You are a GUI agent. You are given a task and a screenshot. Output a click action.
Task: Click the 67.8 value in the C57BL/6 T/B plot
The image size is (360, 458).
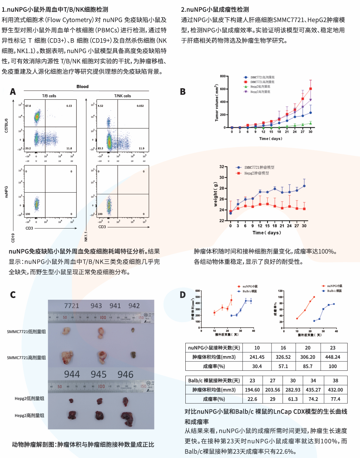coord(28,106)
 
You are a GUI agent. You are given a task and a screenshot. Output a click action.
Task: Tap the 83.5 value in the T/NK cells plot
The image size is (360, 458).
coord(101,148)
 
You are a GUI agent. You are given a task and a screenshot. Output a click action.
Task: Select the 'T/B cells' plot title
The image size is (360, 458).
coord(49,96)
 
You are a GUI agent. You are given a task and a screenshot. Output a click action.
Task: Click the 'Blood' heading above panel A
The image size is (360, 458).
coord(82,87)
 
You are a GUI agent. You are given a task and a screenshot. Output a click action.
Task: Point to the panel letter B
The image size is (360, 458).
coord(183,92)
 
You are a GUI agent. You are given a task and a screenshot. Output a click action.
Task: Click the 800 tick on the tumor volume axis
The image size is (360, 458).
coord(223,76)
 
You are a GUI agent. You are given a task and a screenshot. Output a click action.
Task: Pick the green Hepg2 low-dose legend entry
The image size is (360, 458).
coord(260,87)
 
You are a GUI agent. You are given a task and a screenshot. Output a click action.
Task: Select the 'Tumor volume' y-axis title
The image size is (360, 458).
coord(217,103)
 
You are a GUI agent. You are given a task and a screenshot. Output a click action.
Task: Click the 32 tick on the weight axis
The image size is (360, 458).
coord(222,167)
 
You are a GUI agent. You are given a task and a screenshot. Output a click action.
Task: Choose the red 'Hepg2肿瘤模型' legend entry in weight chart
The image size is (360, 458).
coord(256,173)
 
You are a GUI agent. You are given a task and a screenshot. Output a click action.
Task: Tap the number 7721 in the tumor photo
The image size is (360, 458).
coord(72,306)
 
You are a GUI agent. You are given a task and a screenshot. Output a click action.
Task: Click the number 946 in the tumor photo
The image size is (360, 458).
coord(125,374)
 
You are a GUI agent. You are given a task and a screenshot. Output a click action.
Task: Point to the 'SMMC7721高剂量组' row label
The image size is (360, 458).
coord(26,358)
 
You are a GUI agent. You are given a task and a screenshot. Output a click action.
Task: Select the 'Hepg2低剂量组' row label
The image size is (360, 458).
coord(29,399)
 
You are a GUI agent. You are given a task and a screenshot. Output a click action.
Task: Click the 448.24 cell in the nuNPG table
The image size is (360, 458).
coord(333,357)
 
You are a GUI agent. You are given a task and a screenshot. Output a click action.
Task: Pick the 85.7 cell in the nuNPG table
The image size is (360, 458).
coord(308,366)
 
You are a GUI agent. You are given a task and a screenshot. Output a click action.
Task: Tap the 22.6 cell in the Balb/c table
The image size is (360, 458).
coord(252,399)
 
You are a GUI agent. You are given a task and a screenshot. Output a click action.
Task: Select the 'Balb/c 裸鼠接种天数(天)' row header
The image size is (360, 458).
coord(214,380)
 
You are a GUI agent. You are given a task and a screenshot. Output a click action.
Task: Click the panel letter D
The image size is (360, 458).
coord(183,295)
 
